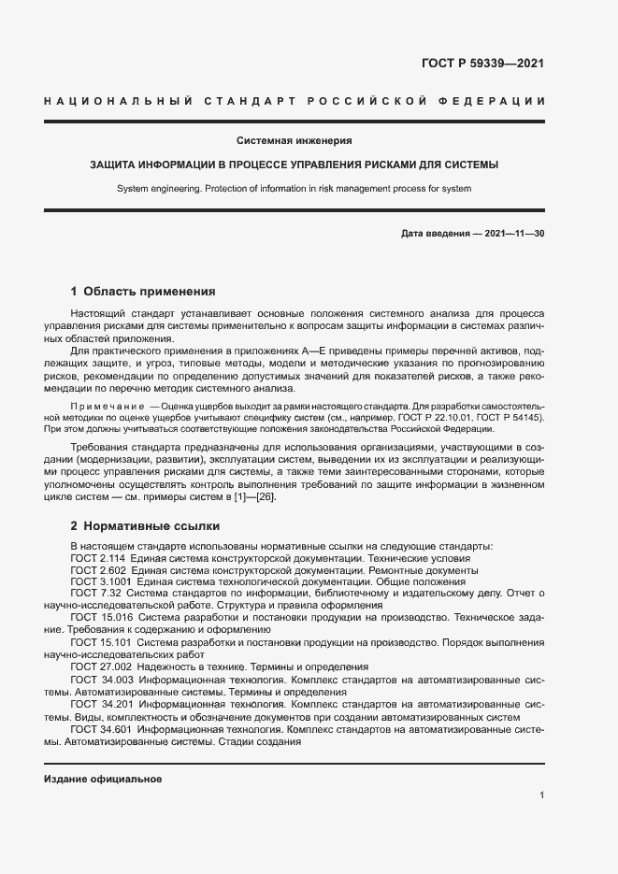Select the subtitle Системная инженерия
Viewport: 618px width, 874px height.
pos(294,140)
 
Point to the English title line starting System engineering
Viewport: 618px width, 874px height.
pos(294,188)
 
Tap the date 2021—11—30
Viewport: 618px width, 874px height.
pos(514,232)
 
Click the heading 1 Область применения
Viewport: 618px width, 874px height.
pos(143,291)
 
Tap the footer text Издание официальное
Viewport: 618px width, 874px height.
pos(103,779)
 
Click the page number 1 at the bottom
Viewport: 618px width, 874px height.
pos(541,795)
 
